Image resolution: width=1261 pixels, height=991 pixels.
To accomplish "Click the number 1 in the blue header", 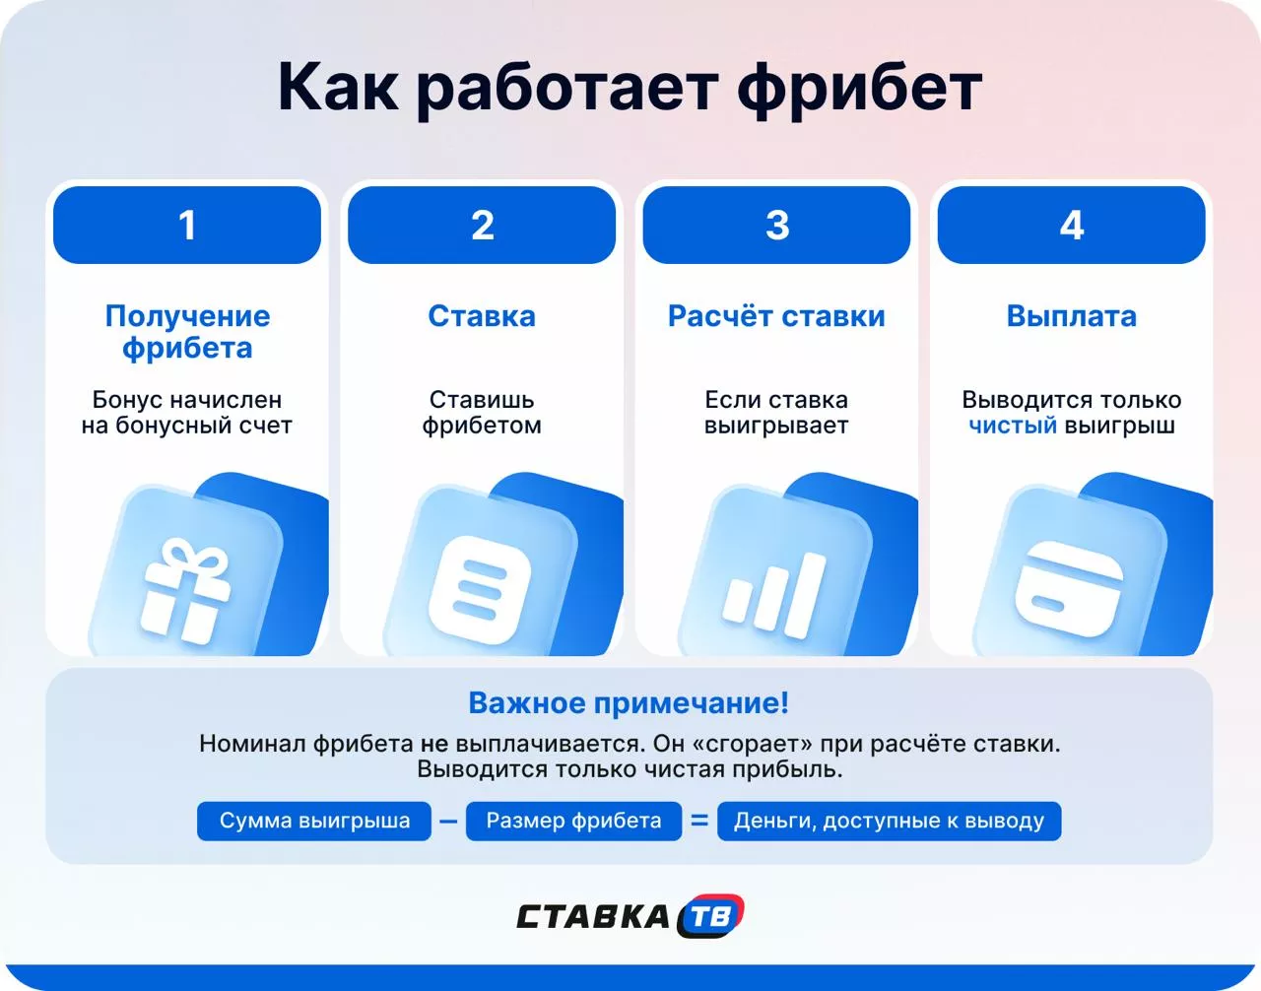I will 187,226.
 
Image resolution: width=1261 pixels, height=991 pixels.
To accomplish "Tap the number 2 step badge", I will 482,226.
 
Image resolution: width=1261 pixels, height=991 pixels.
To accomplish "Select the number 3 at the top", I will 776,226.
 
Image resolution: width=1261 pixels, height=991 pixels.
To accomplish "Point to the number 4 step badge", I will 1071,226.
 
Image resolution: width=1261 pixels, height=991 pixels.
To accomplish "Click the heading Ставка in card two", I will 482,316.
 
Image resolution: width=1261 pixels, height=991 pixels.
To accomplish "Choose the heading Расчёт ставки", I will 776,316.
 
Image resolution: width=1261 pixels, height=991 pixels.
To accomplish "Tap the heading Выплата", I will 1071,316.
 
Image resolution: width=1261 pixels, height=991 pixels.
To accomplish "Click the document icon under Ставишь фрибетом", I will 480,589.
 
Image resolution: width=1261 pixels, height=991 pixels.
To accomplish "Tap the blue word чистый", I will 1013,426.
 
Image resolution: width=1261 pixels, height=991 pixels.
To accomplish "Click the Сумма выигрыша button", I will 314,822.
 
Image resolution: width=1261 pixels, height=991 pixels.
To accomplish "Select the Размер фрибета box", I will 573,822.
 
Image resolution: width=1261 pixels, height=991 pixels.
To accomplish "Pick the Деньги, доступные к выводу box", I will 889,822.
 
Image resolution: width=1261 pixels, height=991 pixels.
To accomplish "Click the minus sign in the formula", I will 448,822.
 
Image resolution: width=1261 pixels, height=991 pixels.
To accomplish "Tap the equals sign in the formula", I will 699,821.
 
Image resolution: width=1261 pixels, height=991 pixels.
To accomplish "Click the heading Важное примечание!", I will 629,703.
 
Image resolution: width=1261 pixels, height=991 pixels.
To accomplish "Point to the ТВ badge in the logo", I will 711,917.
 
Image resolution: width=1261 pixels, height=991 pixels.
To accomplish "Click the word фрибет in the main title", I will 859,89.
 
